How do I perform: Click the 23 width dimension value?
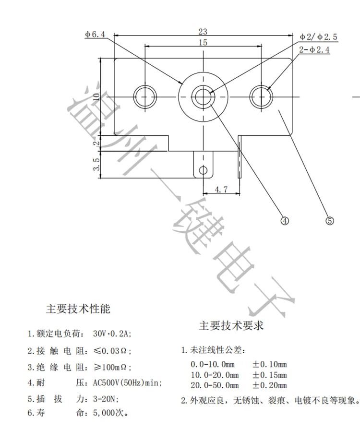202,31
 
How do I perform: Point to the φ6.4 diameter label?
95,35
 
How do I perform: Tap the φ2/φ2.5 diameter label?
319,36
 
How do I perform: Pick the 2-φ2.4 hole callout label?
314,50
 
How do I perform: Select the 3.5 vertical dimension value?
96,164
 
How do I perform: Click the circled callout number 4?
285,221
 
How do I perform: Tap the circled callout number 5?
329,221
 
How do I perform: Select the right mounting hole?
262,95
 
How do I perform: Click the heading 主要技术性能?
78,309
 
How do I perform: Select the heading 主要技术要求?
231,326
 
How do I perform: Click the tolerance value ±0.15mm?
269,374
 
